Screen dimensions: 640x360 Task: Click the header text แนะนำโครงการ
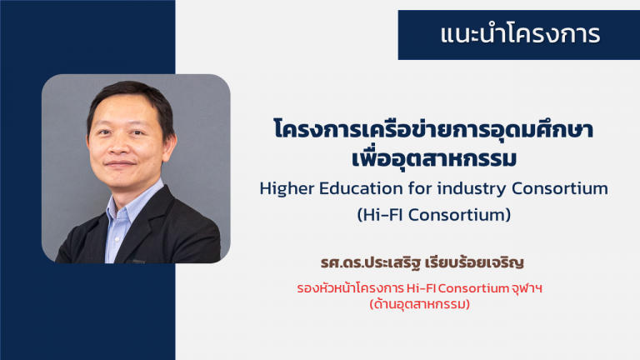pyautogui.click(x=520, y=34)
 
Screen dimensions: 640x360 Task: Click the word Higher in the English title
pyautogui.click(x=287, y=188)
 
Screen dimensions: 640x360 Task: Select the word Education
pyautogui.click(x=361, y=188)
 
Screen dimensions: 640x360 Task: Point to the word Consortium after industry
pyautogui.click(x=560, y=188)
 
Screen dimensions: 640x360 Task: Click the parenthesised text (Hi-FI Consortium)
pyautogui.click(x=434, y=215)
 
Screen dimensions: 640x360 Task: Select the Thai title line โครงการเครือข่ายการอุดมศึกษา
pyautogui.click(x=433, y=129)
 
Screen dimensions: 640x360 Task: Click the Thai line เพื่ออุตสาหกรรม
pyautogui.click(x=434, y=158)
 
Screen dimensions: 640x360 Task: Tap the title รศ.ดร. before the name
pyautogui.click(x=342, y=262)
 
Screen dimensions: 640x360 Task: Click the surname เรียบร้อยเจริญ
pyautogui.click(x=474, y=262)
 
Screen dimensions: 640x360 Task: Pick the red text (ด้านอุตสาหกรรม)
pyautogui.click(x=420, y=304)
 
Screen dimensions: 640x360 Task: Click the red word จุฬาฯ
pyautogui.click(x=527, y=289)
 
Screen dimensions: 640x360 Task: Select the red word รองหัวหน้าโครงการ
pyautogui.click(x=350, y=288)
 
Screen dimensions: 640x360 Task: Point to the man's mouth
pyautogui.click(x=120, y=164)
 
